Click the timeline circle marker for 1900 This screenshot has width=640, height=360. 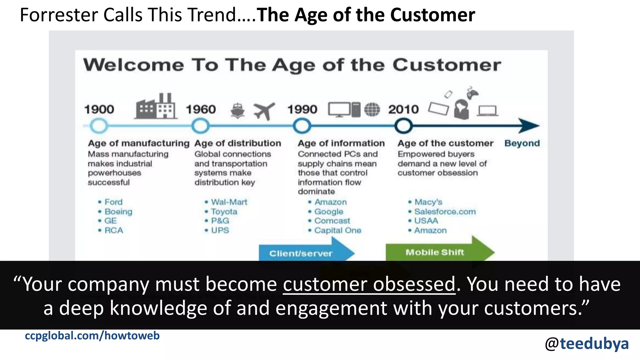pos(99,126)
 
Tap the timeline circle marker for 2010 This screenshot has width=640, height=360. pos(403,126)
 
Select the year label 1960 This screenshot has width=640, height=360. pos(201,109)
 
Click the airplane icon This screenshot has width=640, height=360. pos(264,111)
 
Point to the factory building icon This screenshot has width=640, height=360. pos(156,107)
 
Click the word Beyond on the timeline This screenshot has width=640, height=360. pos(522,143)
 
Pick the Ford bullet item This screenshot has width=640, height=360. pos(113,202)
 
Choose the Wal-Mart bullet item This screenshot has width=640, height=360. pos(229,202)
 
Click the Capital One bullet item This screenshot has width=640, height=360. pos(337,230)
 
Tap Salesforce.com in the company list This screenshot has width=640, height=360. pos(445,212)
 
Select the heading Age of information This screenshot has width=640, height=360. pos(341,143)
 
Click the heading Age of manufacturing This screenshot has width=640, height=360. pos(138,143)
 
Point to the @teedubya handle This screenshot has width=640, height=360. pos(587,344)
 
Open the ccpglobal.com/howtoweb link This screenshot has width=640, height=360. pos(92,336)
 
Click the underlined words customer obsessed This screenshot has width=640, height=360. pos(369,284)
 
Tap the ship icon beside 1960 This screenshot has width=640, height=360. pos(237,111)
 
